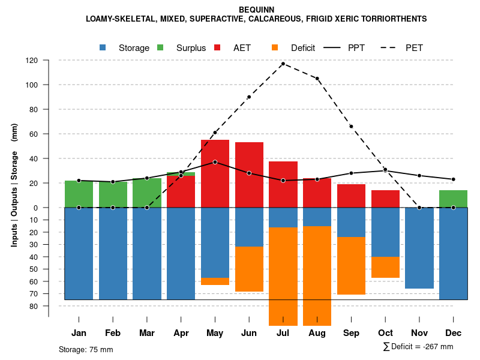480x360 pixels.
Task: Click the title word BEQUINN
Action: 256,10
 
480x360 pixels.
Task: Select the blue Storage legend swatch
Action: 103,48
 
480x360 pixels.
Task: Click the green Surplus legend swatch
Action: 160,48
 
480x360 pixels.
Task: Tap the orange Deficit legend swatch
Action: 275,48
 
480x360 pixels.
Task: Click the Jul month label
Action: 283,333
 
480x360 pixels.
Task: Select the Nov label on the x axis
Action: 419,333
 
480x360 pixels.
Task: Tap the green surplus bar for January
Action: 79,194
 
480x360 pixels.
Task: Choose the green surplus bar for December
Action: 453,199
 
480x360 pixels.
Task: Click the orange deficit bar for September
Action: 351,266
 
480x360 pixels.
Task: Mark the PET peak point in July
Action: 283,64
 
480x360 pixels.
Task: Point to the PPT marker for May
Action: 215,162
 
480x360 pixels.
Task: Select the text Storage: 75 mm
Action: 86,349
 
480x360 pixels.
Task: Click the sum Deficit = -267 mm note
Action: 418,346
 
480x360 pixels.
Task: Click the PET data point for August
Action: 317,79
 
